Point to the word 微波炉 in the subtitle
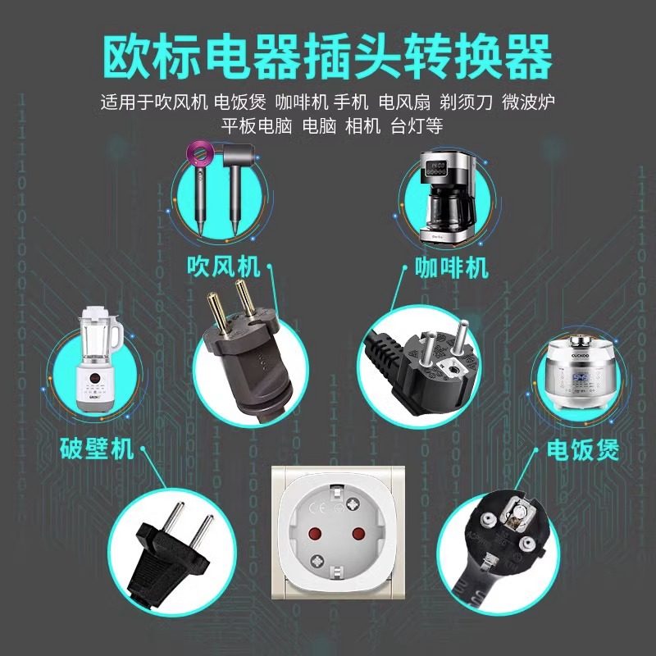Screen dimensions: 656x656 (536, 103)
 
